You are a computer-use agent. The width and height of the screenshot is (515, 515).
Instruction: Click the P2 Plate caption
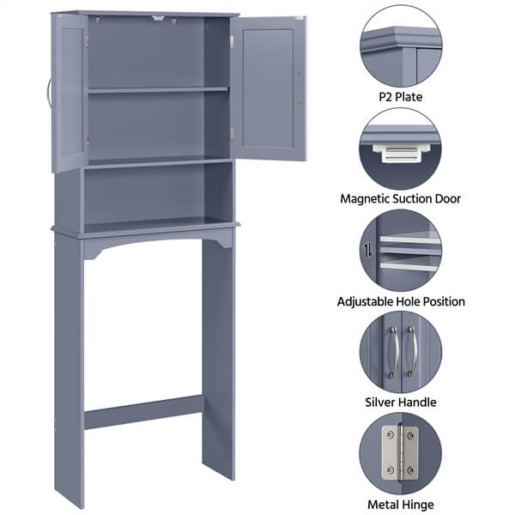(399, 97)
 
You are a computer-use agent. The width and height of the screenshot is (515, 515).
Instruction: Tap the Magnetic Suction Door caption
(399, 198)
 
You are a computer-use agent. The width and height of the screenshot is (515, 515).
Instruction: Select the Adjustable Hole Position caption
(399, 301)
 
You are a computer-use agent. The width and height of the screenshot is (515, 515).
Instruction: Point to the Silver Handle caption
(399, 402)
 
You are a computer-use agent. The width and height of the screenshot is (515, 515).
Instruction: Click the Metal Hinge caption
(399, 504)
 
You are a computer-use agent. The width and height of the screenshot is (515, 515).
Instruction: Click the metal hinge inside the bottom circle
(399, 454)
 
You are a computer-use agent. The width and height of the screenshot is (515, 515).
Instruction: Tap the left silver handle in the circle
(392, 351)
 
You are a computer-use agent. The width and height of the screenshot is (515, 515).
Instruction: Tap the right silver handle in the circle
(410, 351)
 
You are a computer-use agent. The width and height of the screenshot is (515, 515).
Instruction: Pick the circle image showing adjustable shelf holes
(400, 250)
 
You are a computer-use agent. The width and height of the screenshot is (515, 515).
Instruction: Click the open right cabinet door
(271, 88)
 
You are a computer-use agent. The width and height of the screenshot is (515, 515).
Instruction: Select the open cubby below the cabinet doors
(158, 196)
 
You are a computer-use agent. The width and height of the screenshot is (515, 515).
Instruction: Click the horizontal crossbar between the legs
(143, 413)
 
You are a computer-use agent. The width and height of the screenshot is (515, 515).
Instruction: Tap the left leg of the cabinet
(68, 369)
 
